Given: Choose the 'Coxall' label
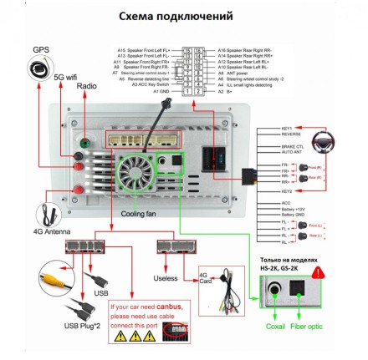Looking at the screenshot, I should point(275,326).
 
